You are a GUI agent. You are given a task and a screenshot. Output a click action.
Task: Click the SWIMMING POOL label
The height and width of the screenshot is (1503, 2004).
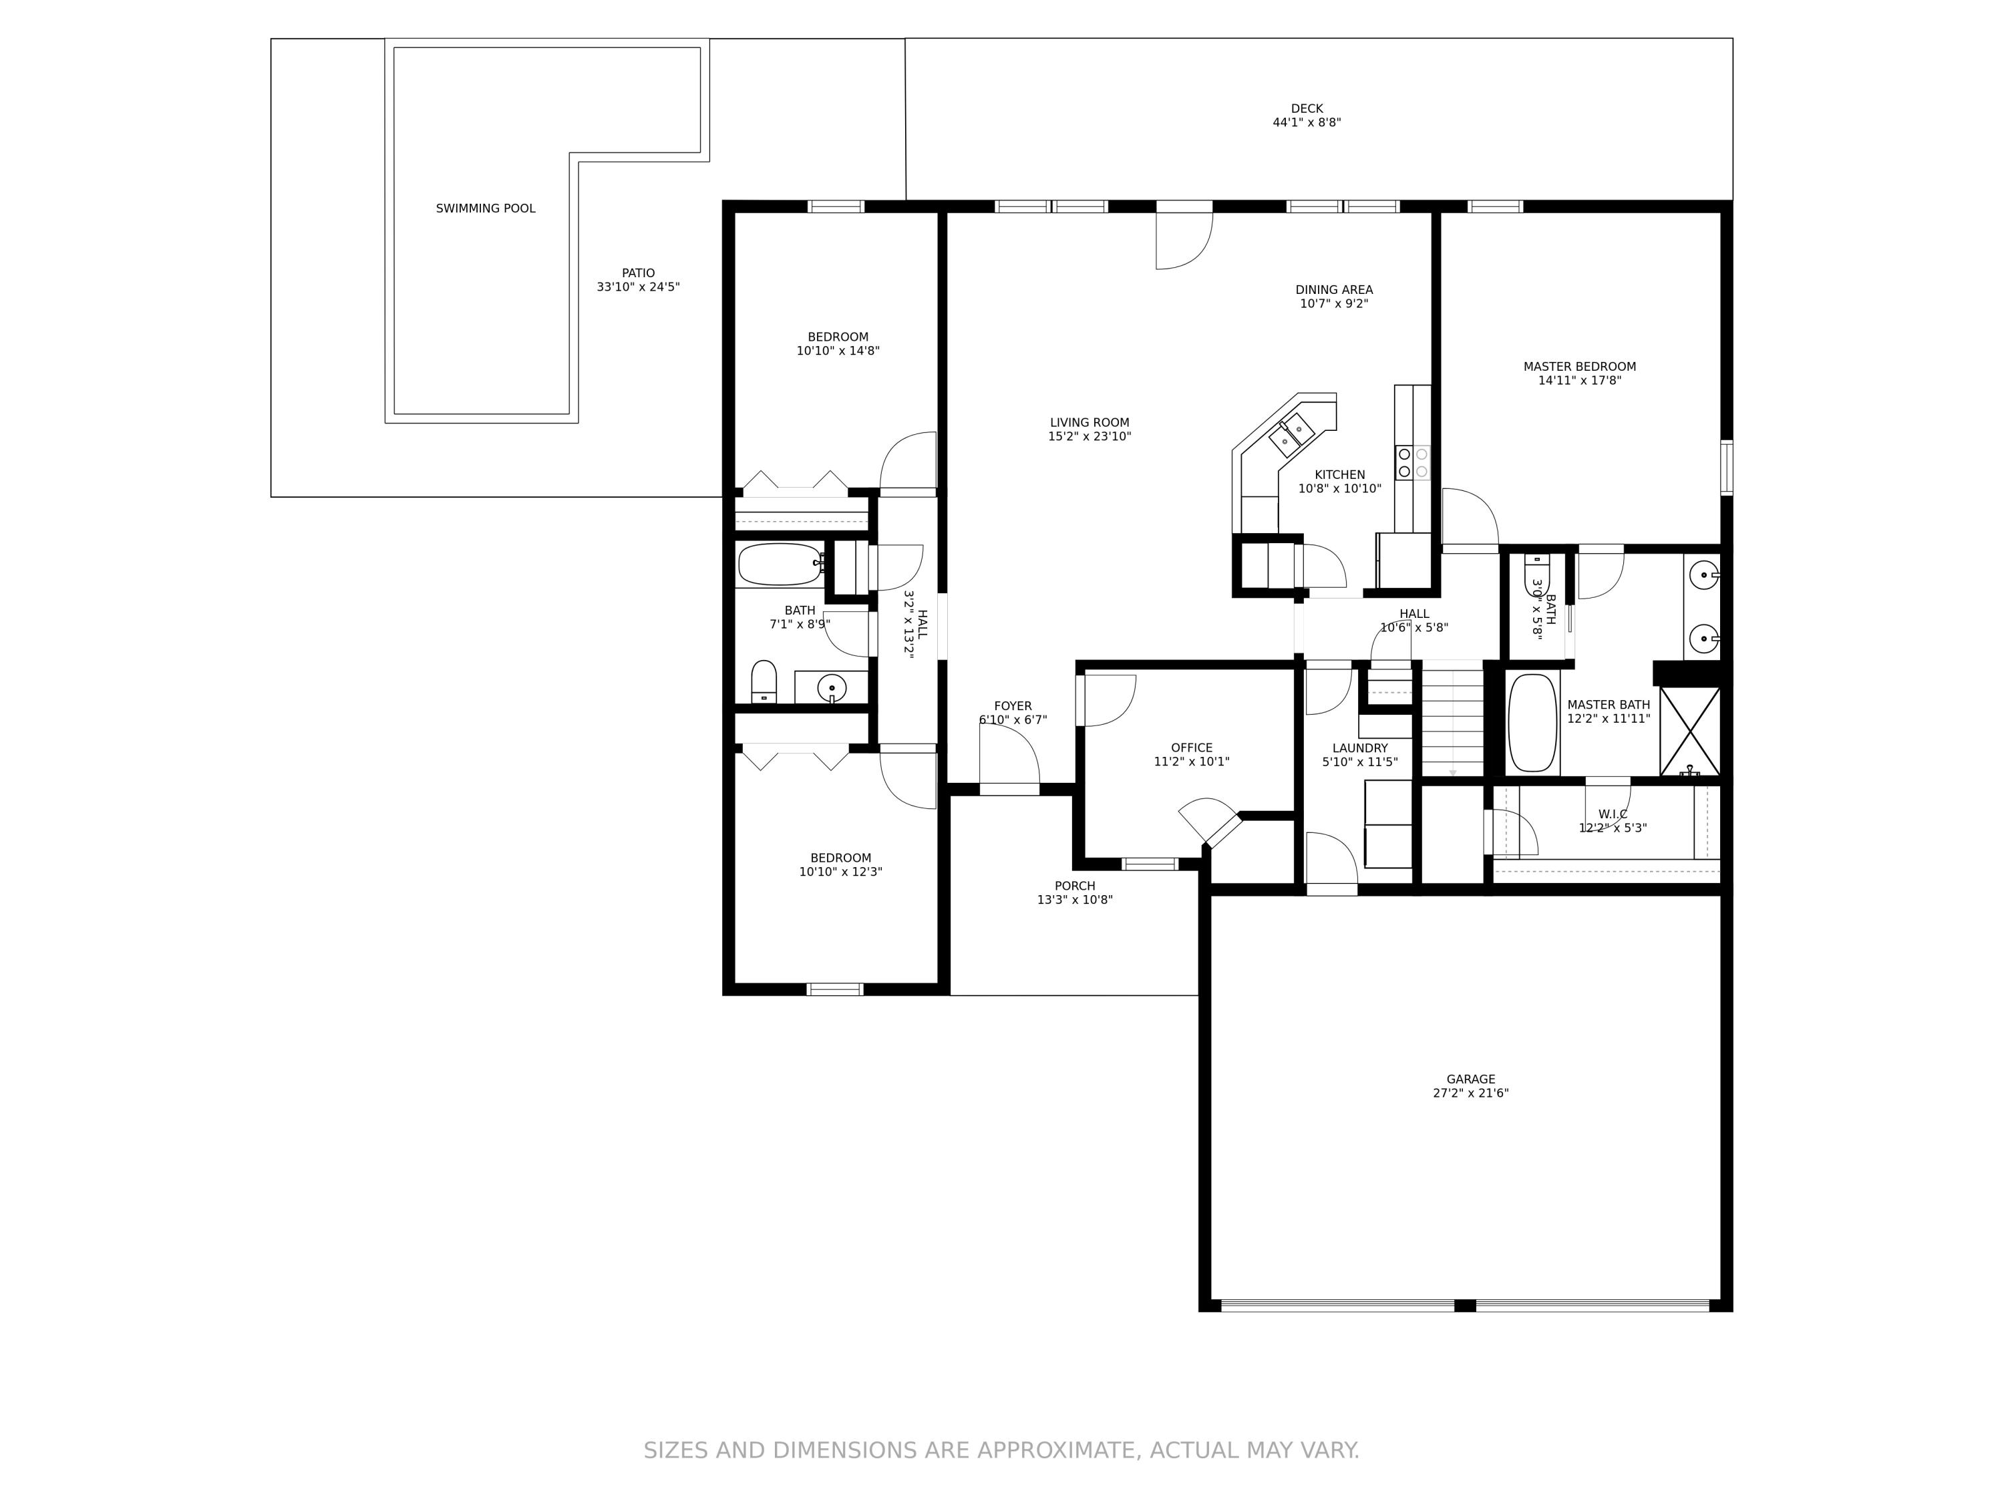(486, 208)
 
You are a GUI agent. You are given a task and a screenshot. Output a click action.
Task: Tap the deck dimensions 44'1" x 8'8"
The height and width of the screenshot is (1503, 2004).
(1307, 122)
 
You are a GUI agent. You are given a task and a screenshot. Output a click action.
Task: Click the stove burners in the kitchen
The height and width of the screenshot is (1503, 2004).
(1412, 462)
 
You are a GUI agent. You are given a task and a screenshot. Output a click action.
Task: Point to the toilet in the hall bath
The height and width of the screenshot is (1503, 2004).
(764, 681)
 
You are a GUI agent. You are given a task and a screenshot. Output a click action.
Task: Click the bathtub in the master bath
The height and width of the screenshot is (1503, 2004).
(1532, 722)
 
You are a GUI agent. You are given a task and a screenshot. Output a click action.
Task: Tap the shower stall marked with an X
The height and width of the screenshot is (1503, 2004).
(1689, 731)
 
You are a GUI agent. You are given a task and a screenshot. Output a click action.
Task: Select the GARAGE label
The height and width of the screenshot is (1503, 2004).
(1470, 1079)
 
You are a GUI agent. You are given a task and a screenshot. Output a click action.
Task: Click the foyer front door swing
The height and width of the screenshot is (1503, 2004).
(1009, 756)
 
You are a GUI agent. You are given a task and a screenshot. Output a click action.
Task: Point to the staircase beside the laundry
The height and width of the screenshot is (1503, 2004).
(1452, 720)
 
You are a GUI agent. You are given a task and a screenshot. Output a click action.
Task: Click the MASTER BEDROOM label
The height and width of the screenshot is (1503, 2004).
(1579, 367)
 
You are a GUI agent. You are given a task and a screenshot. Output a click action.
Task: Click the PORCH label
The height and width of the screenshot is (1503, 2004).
(1074, 886)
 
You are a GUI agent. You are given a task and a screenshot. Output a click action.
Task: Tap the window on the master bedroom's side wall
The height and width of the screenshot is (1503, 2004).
(1727, 468)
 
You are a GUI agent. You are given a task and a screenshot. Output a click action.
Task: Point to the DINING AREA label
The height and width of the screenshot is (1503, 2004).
(1333, 290)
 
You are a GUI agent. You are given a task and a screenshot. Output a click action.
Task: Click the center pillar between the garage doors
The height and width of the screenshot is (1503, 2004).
(1465, 1305)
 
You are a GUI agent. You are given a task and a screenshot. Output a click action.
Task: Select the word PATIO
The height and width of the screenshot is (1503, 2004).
(638, 273)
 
